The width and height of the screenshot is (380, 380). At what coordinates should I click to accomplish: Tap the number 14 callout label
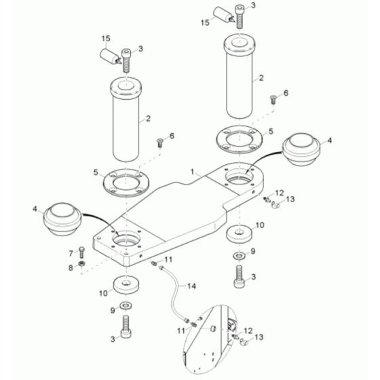point(192,286)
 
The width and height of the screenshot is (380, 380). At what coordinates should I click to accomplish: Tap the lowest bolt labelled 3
point(125,328)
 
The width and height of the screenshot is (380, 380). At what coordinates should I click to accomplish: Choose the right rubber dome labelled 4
point(301,148)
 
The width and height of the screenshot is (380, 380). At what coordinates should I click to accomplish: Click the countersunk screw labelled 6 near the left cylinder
point(160,142)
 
